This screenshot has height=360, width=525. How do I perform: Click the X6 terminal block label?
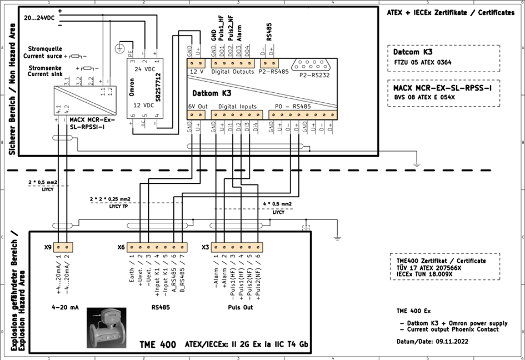121,247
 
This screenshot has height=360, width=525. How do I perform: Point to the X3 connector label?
205,247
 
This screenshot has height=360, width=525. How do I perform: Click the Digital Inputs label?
237,106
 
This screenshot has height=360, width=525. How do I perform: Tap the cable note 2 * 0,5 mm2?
43,182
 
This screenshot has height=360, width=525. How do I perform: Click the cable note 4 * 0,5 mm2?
278,204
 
